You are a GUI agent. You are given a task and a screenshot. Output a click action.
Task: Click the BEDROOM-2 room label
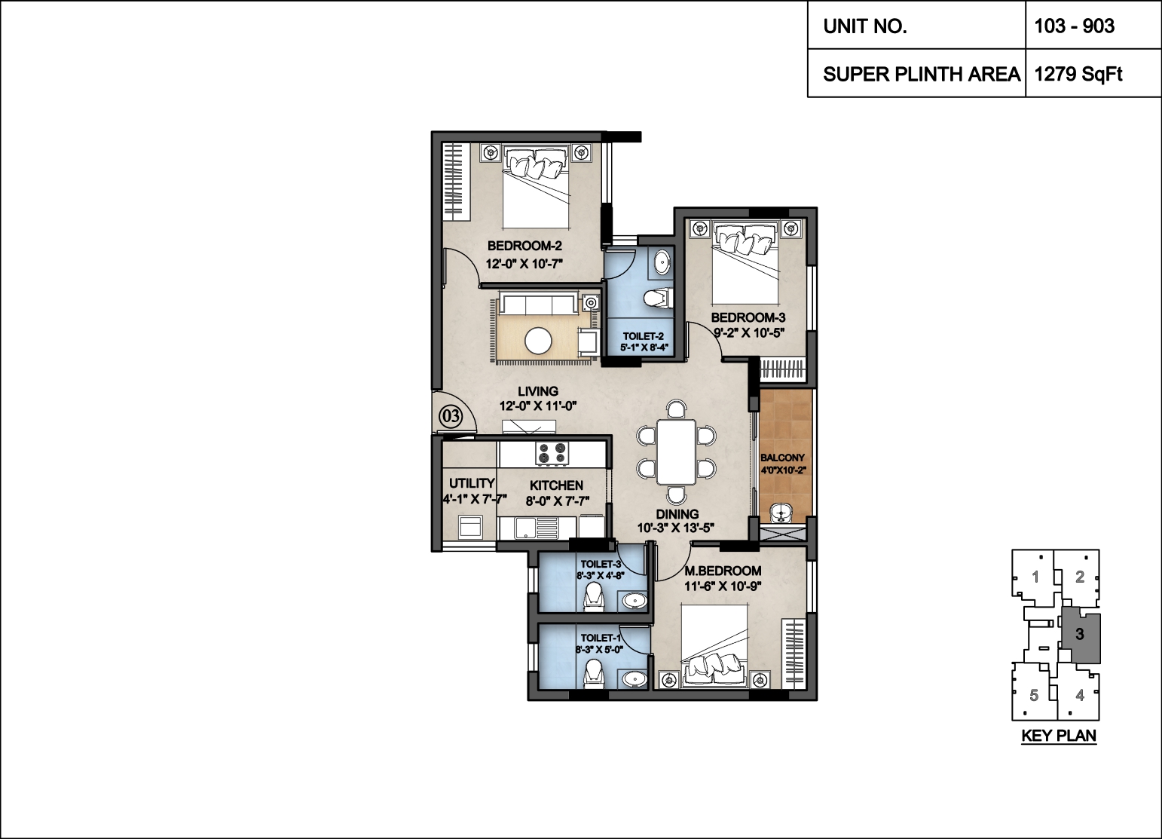[524, 246]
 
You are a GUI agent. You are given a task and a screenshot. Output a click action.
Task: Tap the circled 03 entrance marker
[451, 416]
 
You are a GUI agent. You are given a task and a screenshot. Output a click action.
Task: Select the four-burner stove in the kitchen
[552, 453]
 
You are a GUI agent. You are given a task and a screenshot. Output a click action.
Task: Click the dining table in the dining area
[676, 452]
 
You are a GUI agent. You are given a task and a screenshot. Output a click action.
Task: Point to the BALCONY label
[782, 458]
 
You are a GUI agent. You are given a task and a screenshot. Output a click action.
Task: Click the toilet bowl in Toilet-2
[657, 298]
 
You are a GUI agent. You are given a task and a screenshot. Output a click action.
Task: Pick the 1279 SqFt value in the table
[1078, 74]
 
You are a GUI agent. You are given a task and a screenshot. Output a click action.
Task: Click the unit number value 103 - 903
[1075, 26]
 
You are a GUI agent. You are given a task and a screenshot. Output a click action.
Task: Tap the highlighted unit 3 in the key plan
[1081, 634]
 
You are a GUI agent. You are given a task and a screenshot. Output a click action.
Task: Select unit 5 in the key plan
[1034, 695]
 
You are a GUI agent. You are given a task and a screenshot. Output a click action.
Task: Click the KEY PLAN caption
[1059, 736]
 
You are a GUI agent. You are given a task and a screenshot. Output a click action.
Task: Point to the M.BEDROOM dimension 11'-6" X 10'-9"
[723, 586]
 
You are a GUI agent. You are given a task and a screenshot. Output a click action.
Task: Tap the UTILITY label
[472, 483]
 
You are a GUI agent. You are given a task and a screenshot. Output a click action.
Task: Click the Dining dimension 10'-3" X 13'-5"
[676, 528]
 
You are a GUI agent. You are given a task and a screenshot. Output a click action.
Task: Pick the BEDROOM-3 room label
[748, 317]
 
